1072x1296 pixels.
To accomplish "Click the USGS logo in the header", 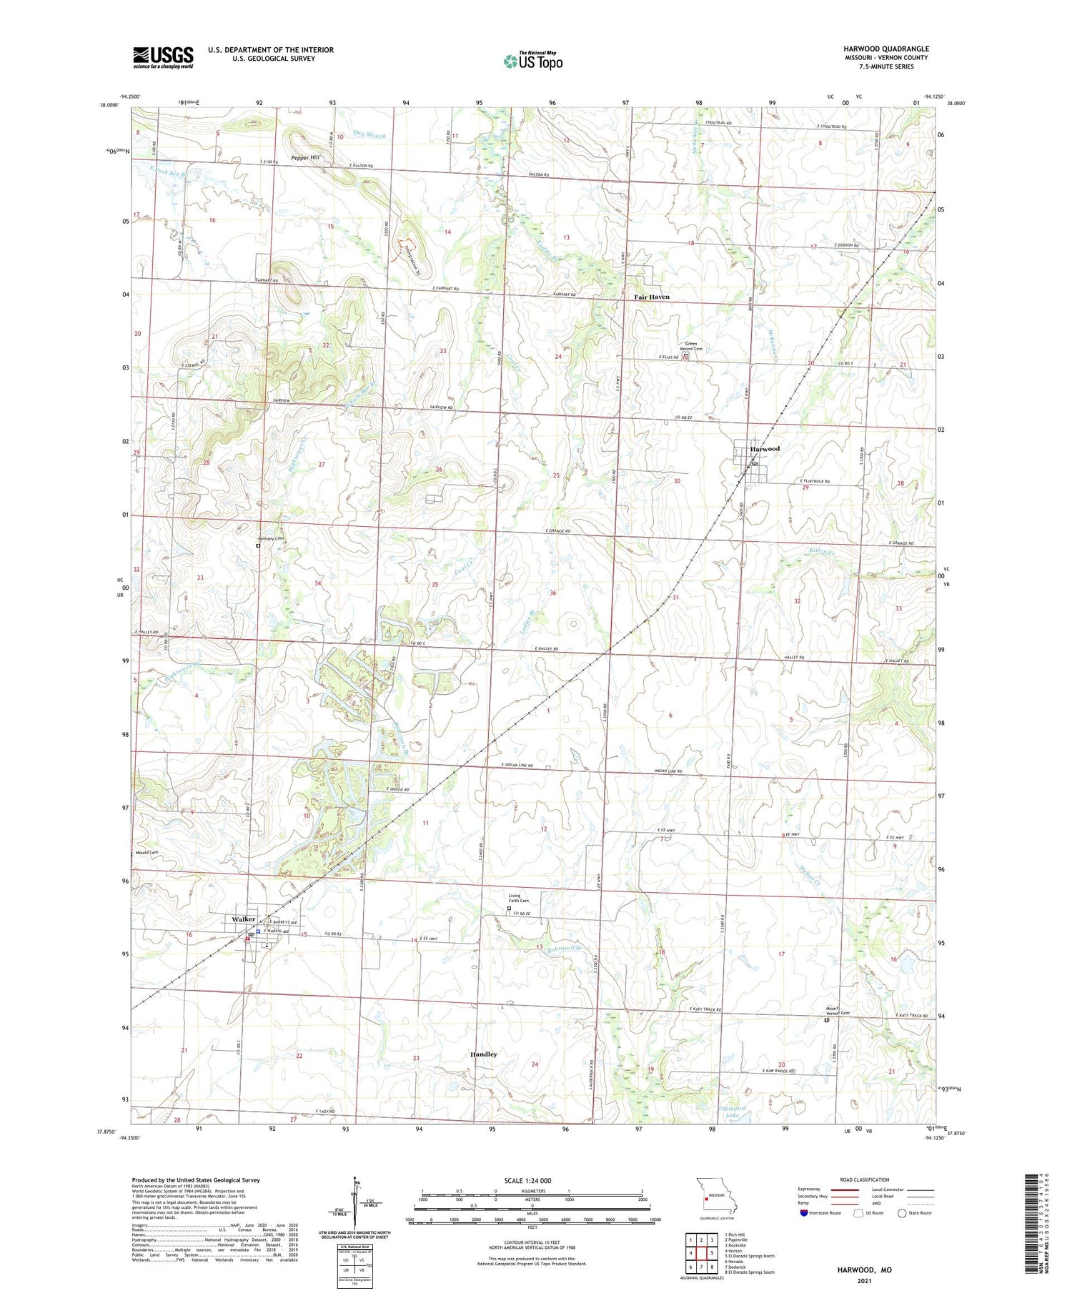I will tap(163, 57).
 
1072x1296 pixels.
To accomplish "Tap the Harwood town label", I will tap(765, 449).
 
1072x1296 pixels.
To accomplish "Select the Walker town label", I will tap(244, 919).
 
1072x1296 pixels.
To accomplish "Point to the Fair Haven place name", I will tap(652, 297).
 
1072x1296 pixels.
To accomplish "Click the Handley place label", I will tap(484, 1054).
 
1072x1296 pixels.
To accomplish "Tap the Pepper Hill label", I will tap(304, 158).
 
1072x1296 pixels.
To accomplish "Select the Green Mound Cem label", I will tap(691, 347).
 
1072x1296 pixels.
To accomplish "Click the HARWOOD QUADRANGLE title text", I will tap(885, 49).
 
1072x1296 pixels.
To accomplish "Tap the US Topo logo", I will tap(532, 61).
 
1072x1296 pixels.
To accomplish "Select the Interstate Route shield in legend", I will tap(803, 1213).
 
